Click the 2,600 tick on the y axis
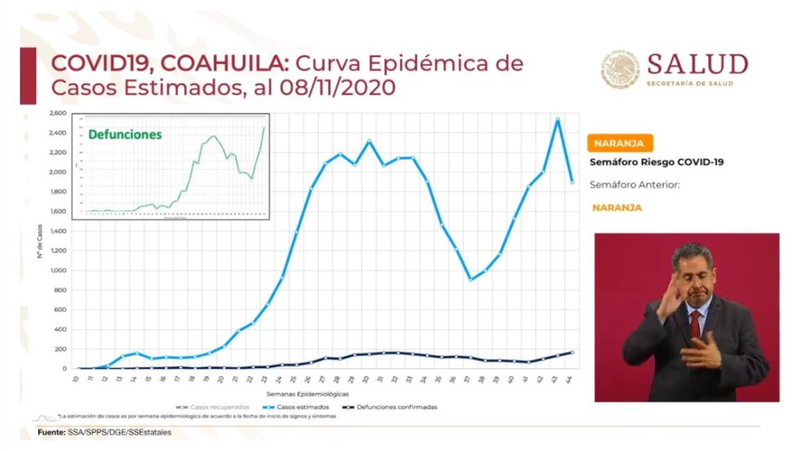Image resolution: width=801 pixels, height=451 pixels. (58, 113)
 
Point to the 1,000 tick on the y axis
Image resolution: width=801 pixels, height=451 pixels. (58, 270)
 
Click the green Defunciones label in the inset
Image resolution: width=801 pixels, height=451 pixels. (124, 134)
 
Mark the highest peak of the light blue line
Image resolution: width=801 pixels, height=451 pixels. (558, 119)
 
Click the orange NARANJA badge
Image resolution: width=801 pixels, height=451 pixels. (620, 143)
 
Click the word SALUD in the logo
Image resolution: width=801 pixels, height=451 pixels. (697, 65)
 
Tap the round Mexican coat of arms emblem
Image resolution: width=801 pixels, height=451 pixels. (620, 70)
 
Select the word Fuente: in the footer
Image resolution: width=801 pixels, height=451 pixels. (51, 432)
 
